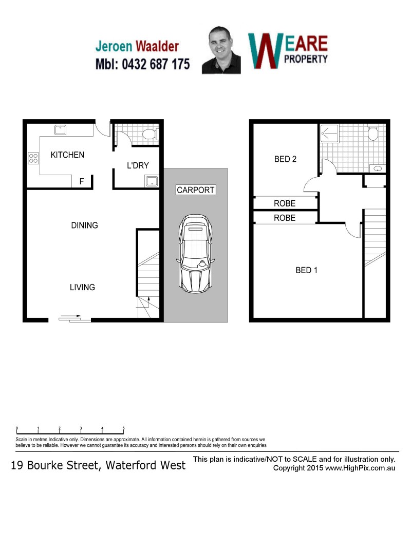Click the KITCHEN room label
pyautogui.click(x=67, y=155)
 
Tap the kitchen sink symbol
pyautogui.click(x=61, y=130)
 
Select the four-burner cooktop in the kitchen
pyautogui.click(x=33, y=158)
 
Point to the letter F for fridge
pyautogui.click(x=82, y=181)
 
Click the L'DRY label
pyautogui.click(x=138, y=165)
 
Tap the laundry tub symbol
pyautogui.click(x=152, y=181)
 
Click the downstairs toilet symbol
pyautogui.click(x=151, y=135)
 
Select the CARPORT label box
pyautogui.click(x=196, y=190)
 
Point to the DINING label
pyautogui.click(x=85, y=225)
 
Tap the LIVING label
pyautogui.click(x=83, y=287)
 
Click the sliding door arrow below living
pyautogui.click(x=70, y=316)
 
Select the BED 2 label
pyautogui.click(x=285, y=159)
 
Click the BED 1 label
pyautogui.click(x=307, y=270)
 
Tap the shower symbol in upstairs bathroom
pyautogui.click(x=329, y=133)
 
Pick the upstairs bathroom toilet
pyautogui.click(x=373, y=133)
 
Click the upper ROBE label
pyautogui.click(x=285, y=203)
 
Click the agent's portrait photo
pyautogui.click(x=221, y=50)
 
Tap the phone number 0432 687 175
pyautogui.click(x=156, y=64)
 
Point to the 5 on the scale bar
pyautogui.click(x=123, y=428)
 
